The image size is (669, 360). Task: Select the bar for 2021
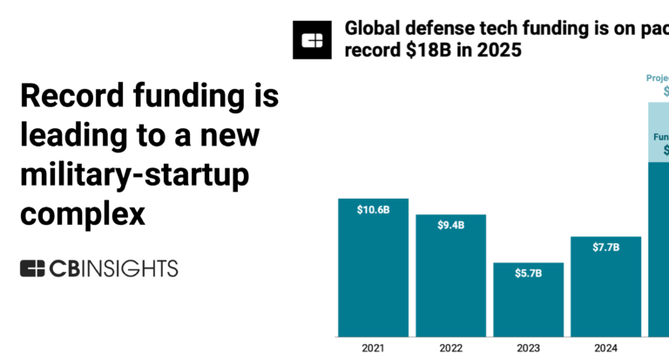373,270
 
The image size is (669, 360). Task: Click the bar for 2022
450,279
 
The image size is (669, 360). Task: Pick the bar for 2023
528,301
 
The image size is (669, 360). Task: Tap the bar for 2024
605,288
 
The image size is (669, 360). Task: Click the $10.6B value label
373,209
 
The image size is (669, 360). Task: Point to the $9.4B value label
450,225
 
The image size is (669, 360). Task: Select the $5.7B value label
528,273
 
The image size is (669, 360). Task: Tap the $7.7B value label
605,248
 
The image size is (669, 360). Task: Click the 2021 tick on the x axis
373,348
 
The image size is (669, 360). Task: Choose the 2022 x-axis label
450,348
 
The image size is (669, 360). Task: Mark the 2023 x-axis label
528,348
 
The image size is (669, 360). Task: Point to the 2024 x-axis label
605,348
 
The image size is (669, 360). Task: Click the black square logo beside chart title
312,40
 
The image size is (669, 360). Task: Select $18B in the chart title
426,51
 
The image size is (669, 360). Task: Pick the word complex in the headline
83,214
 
